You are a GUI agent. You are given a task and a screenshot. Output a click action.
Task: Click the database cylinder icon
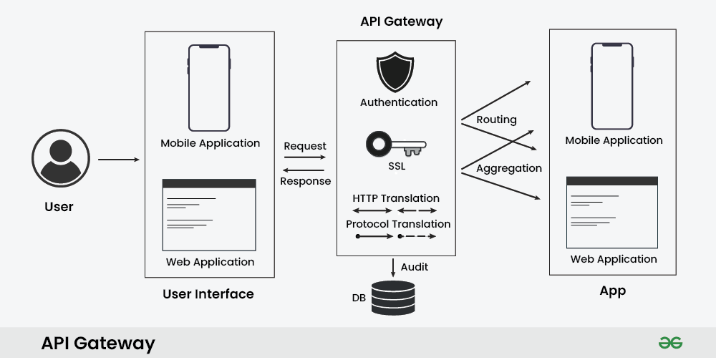392,298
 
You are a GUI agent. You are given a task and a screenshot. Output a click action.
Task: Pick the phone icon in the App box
612,86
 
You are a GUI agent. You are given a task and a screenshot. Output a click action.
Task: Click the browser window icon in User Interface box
209,215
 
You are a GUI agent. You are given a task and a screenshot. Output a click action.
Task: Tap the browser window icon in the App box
612,212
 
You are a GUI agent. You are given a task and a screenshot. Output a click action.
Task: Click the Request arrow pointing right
305,157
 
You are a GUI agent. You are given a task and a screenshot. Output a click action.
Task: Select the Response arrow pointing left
305,170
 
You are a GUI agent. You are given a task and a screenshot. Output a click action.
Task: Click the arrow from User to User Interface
119,159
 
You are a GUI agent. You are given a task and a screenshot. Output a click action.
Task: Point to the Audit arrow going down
393,268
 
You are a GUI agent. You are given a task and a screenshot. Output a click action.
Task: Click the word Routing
496,120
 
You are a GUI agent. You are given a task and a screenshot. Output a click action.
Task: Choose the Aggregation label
509,168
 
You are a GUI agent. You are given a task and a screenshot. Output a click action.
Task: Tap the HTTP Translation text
396,198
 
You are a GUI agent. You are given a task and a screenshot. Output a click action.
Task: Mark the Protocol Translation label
398,224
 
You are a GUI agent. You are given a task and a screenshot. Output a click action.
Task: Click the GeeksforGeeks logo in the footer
671,343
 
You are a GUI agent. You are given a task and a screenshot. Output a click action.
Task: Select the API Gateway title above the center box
401,21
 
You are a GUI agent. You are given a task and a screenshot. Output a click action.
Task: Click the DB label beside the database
359,297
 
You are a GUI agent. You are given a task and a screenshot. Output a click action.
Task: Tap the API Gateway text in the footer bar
98,344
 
